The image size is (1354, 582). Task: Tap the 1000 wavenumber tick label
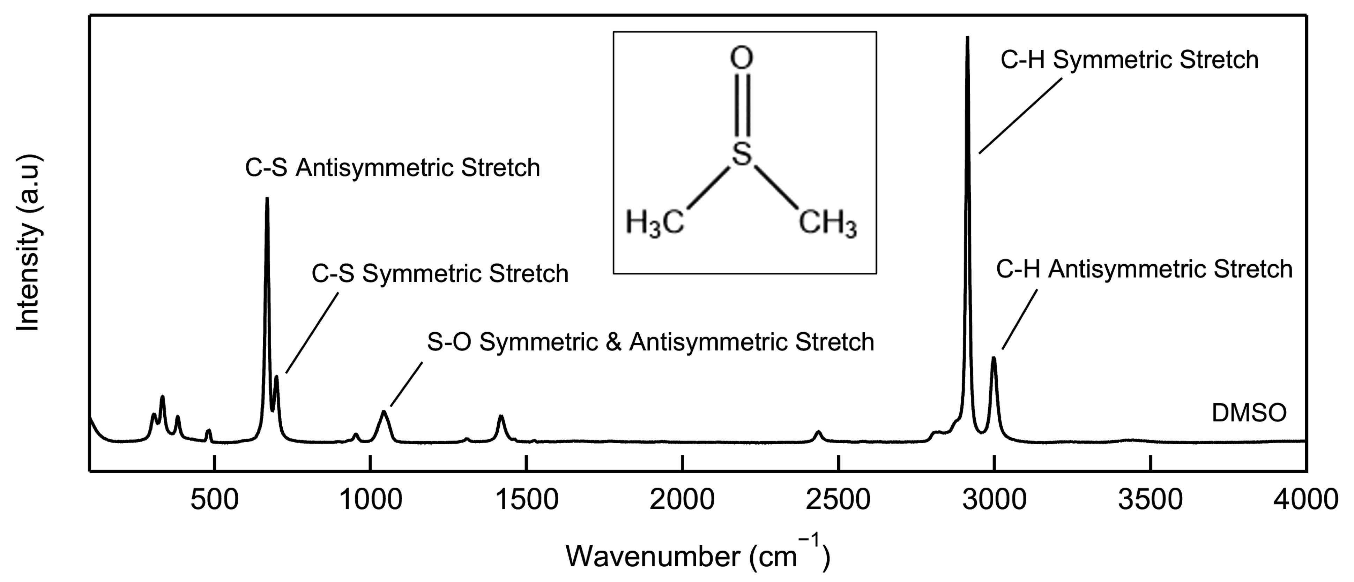pos(371,500)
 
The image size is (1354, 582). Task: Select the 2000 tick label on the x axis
pos(682,500)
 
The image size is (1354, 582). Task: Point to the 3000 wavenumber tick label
pos(994,500)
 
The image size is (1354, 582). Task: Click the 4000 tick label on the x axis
pos(1305,500)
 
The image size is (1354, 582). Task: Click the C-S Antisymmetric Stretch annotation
pos(392,168)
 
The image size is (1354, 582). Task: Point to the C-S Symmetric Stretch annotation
pos(440,274)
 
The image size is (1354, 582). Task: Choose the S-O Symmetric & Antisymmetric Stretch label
pos(650,342)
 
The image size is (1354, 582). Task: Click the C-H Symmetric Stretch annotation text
pos(1129,60)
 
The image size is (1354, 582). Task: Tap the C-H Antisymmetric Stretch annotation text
pos(1144,270)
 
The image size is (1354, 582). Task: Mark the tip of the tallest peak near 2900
pos(967,38)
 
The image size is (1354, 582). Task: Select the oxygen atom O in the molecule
pos(741,58)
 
